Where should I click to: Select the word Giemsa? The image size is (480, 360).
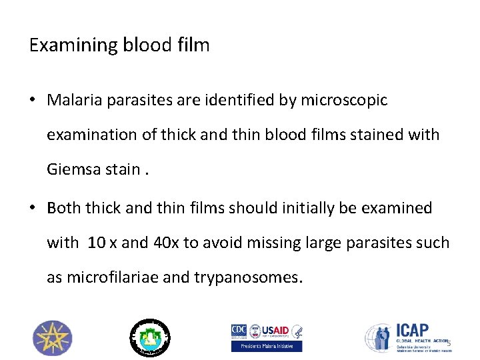[75, 169]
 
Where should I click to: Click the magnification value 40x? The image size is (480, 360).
[166, 243]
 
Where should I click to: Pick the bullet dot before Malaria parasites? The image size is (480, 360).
[33, 101]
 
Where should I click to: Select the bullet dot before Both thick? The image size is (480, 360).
[33, 209]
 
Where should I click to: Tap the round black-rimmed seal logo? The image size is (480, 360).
[149, 337]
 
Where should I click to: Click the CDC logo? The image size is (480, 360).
[239, 331]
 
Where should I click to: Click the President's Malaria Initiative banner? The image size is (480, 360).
[267, 346]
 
